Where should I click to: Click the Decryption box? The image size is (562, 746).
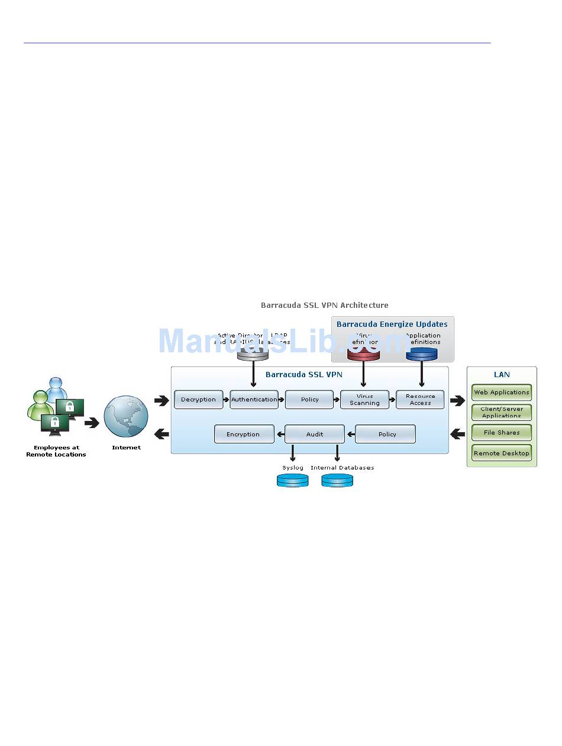click(199, 400)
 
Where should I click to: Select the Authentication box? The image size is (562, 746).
click(254, 400)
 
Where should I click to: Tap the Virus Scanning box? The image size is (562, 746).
click(364, 400)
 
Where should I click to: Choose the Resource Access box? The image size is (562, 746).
click(420, 400)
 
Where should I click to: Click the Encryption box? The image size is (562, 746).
click(244, 434)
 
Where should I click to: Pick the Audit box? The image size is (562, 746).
click(314, 434)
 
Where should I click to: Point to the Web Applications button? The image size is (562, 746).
click(502, 393)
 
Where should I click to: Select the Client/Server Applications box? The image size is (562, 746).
click(502, 412)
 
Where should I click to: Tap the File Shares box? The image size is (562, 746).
click(502, 432)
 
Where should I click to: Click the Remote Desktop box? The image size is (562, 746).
click(502, 454)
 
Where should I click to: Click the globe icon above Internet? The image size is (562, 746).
click(126, 416)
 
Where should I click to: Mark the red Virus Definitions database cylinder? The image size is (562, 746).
click(363, 354)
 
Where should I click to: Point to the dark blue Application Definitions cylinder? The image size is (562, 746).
click(421, 354)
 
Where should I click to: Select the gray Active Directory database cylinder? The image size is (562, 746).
click(253, 354)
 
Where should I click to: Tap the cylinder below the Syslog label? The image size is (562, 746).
click(293, 480)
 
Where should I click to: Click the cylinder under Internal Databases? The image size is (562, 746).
click(337, 480)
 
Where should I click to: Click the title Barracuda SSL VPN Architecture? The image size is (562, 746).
click(325, 306)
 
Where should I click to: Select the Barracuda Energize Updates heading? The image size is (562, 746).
click(392, 324)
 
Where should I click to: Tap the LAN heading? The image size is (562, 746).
click(502, 375)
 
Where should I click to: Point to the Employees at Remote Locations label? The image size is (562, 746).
click(56, 451)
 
